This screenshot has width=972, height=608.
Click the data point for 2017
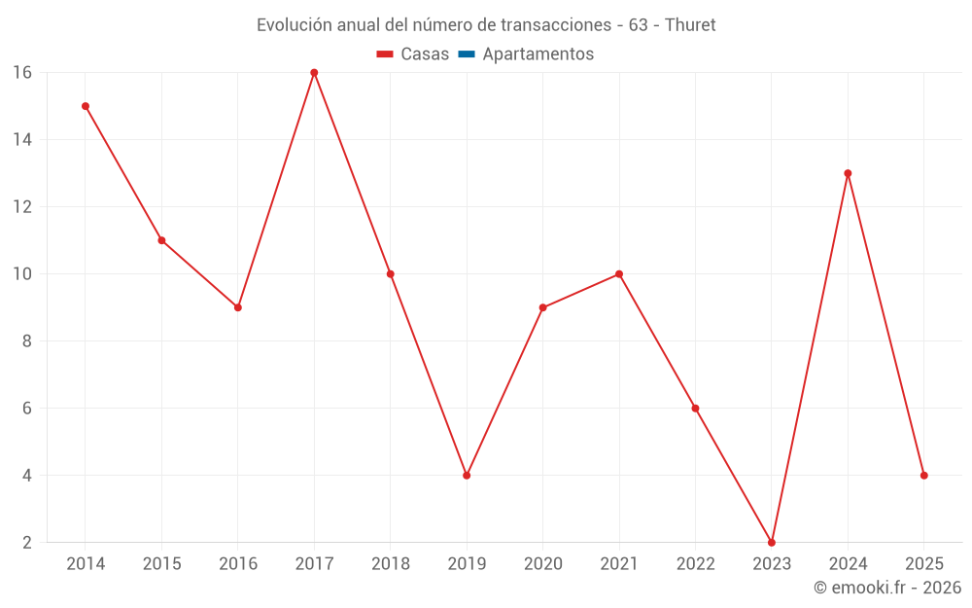[314, 73]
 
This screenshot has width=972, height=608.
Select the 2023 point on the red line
[772, 542]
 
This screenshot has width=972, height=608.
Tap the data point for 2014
[86, 106]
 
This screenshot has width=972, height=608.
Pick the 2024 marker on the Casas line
[848, 173]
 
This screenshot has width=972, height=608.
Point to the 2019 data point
[467, 476]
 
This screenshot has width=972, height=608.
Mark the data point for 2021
[619, 274]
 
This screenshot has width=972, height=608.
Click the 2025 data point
[923, 476]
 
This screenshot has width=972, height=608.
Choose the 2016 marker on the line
[238, 307]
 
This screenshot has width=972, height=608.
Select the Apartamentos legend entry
[538, 54]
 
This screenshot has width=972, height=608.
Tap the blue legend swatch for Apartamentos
[467, 54]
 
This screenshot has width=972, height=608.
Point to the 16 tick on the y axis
[22, 73]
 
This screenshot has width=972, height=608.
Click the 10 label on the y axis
[22, 274]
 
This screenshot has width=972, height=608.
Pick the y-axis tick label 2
[26, 543]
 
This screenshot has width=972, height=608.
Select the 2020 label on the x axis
[542, 564]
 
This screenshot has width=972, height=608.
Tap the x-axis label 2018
[390, 564]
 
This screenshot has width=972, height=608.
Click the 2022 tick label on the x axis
[695, 564]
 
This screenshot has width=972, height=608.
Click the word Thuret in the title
[690, 25]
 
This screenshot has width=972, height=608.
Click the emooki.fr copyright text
[887, 588]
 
